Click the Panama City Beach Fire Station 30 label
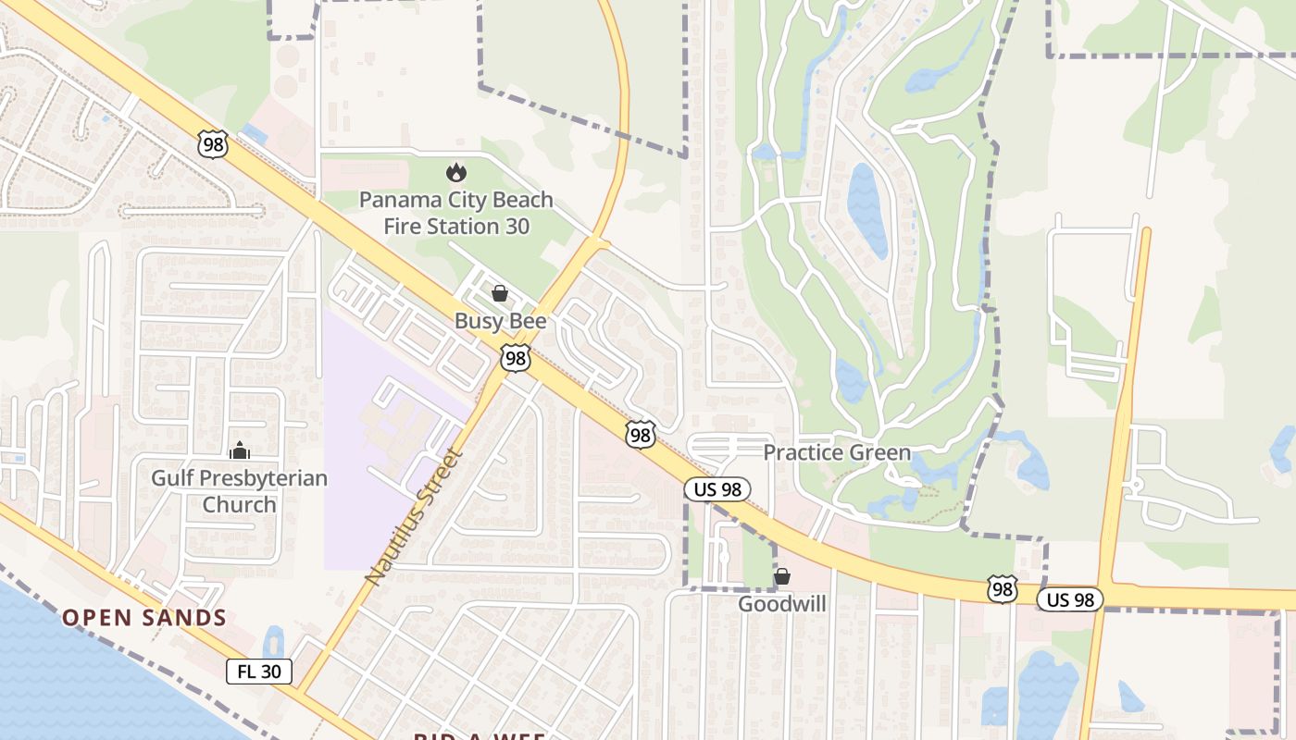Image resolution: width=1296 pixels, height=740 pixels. [x=455, y=213]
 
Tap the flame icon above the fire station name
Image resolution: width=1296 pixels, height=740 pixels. [x=455, y=172]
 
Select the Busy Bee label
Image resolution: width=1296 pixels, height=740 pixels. [x=500, y=321]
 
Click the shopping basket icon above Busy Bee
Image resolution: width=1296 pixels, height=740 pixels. [x=500, y=294]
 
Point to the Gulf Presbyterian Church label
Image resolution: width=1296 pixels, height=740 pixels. [x=240, y=491]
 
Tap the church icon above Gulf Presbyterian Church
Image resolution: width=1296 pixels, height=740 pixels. [x=240, y=450]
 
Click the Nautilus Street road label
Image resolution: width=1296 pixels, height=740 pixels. [x=414, y=515]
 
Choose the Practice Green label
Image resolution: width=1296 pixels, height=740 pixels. [x=837, y=452]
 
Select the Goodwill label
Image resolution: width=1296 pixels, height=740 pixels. [x=782, y=604]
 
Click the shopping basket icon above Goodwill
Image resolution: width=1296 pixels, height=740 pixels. [x=782, y=576]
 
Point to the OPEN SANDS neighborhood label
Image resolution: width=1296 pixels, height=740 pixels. [x=144, y=618]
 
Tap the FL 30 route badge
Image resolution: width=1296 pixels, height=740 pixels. [x=259, y=672]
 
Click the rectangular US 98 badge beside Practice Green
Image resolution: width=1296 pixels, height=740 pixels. [x=717, y=489]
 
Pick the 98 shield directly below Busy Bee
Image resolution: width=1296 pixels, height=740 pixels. [x=516, y=358]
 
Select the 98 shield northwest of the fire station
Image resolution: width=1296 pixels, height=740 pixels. [x=212, y=143]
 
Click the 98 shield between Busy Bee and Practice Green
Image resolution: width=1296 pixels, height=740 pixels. [x=640, y=435]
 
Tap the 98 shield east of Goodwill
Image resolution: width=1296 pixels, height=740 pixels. [x=1002, y=589]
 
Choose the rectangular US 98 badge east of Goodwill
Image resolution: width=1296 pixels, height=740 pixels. [x=1070, y=599]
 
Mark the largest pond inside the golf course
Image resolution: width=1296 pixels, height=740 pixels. [x=867, y=210]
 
